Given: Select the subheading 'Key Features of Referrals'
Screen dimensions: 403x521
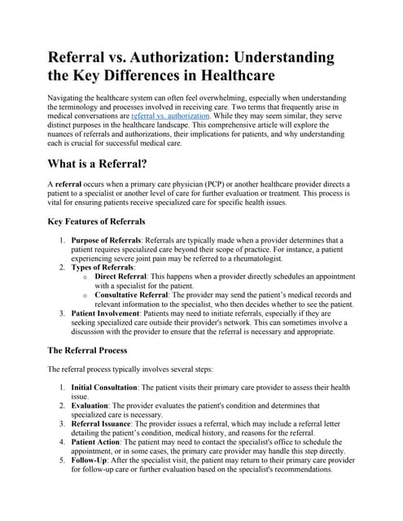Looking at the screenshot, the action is pos(97,221).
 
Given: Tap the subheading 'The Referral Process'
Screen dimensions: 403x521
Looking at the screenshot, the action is pos(88,350).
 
